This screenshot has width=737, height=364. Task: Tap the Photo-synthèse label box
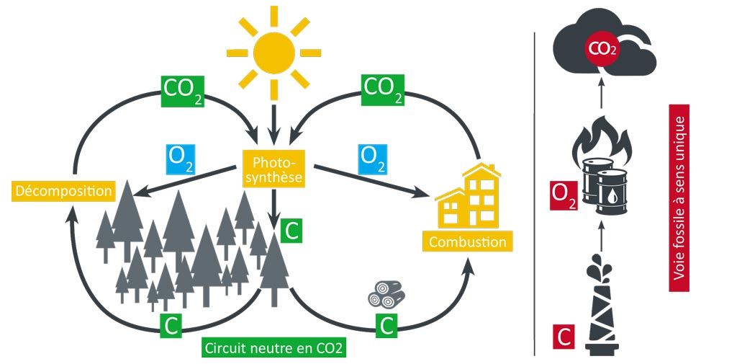click(273, 167)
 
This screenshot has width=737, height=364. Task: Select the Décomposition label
click(64, 191)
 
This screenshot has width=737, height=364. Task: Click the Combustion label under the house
click(468, 241)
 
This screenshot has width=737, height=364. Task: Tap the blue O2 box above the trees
click(180, 159)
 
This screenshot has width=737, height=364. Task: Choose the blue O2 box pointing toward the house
click(371, 159)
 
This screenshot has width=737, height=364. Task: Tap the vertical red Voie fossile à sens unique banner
click(679, 198)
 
